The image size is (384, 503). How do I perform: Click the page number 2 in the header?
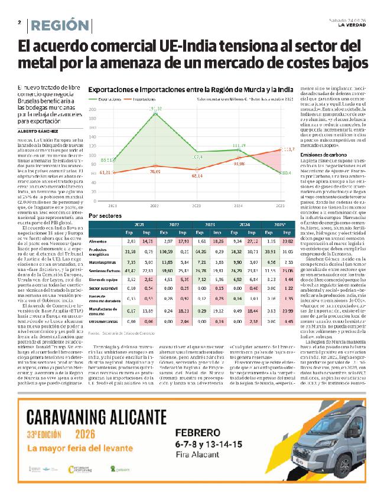19,24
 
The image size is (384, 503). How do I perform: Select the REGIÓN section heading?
57,25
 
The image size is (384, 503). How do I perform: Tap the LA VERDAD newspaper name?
352,25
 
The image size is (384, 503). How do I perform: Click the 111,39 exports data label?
239,145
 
